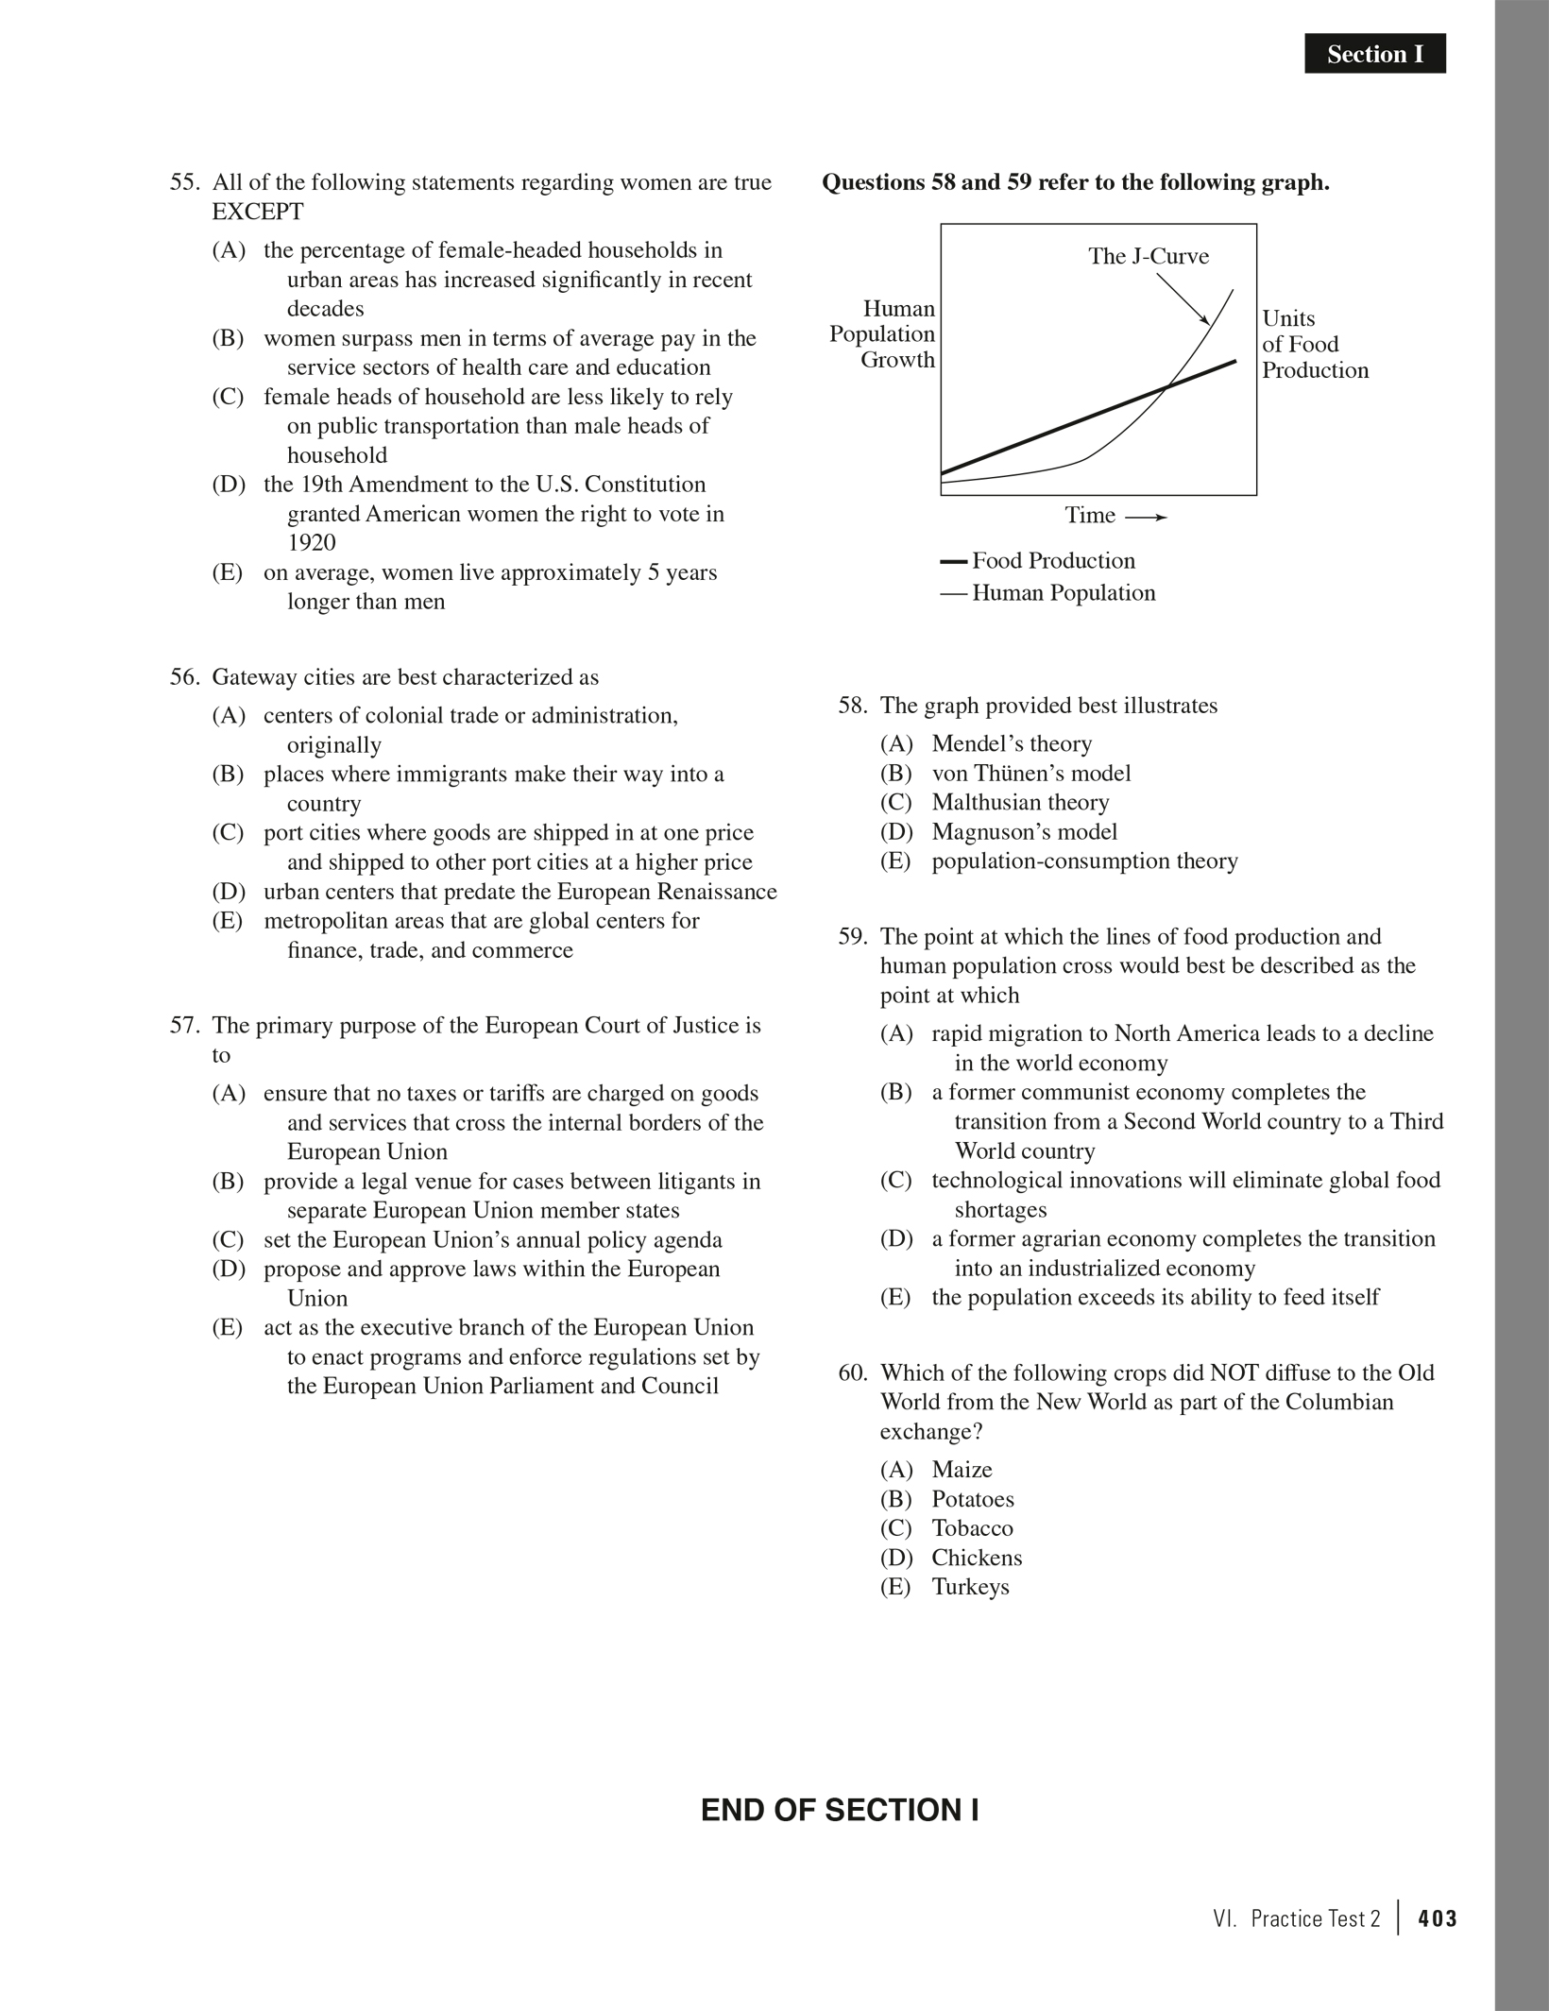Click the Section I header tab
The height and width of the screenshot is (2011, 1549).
click(1374, 54)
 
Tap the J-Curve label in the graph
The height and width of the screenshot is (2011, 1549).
click(1148, 256)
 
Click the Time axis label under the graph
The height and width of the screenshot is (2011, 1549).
click(1090, 516)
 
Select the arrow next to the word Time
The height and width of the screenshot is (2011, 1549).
click(1147, 518)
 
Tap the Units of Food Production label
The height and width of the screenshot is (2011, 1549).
click(1314, 344)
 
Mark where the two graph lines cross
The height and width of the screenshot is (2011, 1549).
click(1167, 386)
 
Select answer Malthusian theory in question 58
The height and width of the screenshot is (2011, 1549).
click(1019, 803)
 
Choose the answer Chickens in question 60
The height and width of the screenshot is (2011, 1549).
click(976, 1558)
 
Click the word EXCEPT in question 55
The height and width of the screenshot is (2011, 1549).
click(258, 212)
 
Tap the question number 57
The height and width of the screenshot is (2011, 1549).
click(186, 1026)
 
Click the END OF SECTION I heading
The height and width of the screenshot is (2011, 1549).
click(839, 1810)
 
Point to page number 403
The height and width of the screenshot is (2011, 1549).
click(1437, 1918)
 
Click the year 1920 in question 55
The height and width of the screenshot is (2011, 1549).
click(312, 543)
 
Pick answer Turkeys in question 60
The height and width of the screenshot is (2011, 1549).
click(970, 1587)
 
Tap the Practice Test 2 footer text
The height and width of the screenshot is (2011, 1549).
click(1315, 1918)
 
